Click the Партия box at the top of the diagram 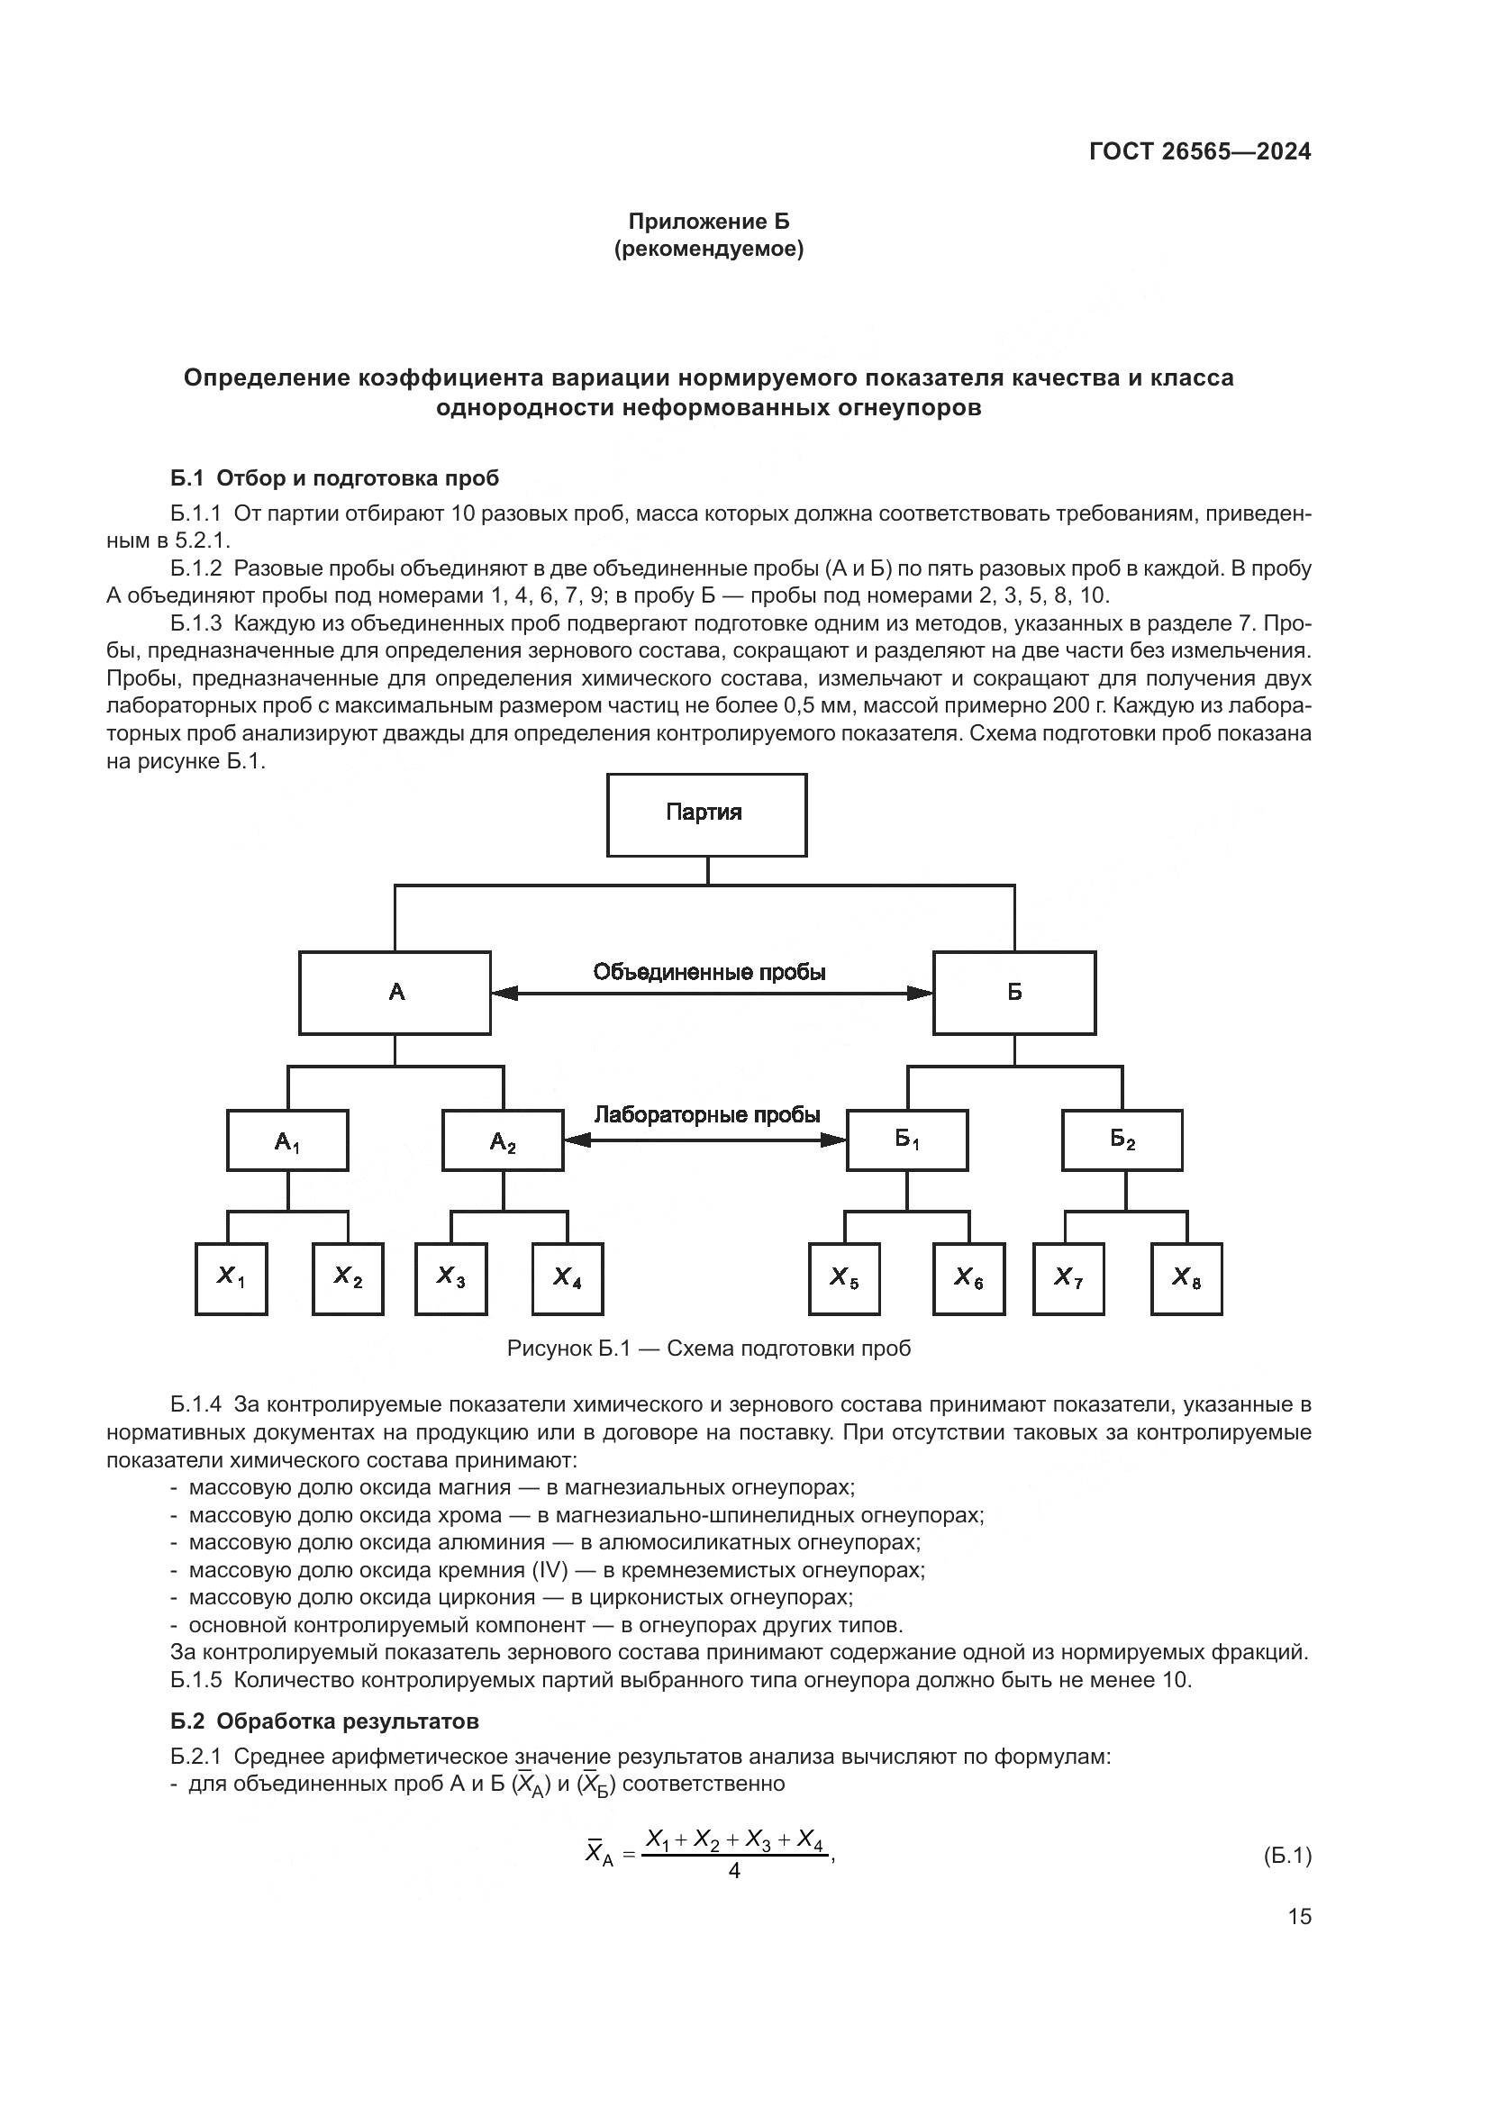pyautogui.click(x=706, y=814)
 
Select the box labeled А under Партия pyautogui.click(x=395, y=992)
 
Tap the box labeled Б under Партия pyautogui.click(x=1013, y=992)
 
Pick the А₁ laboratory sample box pyautogui.click(x=287, y=1140)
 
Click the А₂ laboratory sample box pyautogui.click(x=503, y=1140)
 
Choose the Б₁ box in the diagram pyautogui.click(x=906, y=1140)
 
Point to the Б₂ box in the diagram pyautogui.click(x=1122, y=1140)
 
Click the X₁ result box pyautogui.click(x=232, y=1278)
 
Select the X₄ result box pyautogui.click(x=568, y=1278)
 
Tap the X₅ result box pyautogui.click(x=844, y=1278)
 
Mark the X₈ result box pyautogui.click(x=1186, y=1278)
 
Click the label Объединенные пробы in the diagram pyautogui.click(x=709, y=972)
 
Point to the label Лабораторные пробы pyautogui.click(x=706, y=1115)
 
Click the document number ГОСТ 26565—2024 pyautogui.click(x=1200, y=152)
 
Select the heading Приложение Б pyautogui.click(x=708, y=222)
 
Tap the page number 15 pyautogui.click(x=1299, y=1916)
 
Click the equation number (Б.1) pyautogui.click(x=1286, y=1856)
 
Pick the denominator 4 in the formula pyautogui.click(x=734, y=1870)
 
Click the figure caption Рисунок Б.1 pyautogui.click(x=708, y=1349)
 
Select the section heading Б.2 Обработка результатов pyautogui.click(x=325, y=1721)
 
